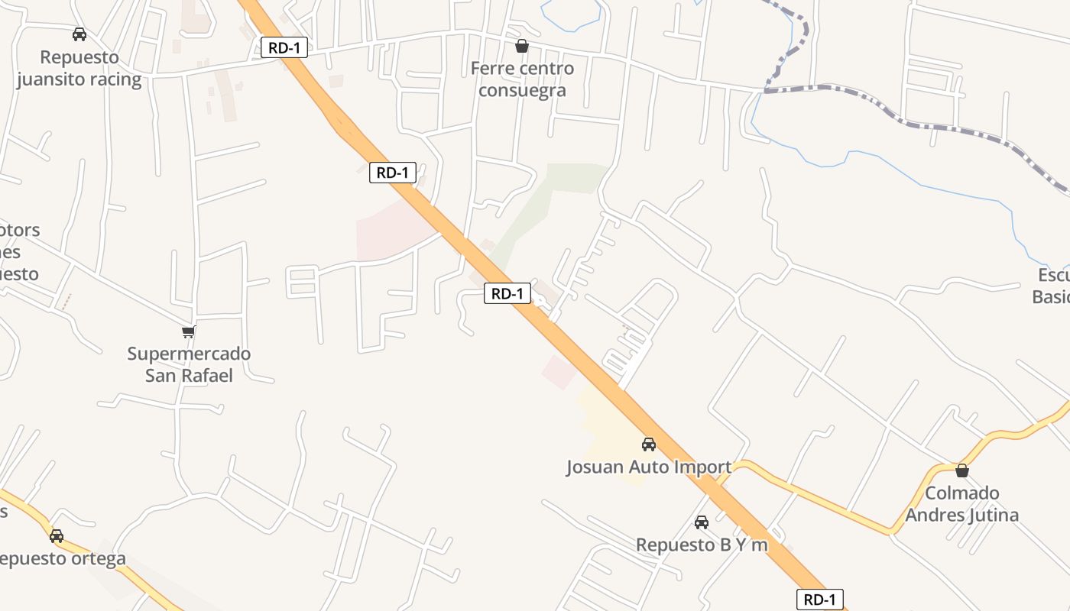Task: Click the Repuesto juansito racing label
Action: [x=79, y=69]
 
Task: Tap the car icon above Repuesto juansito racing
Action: [x=79, y=34]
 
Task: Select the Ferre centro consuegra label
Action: [x=522, y=79]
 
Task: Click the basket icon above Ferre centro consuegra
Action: [x=522, y=47]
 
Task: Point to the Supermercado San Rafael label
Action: [x=189, y=364]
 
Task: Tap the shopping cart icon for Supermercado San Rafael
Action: [x=189, y=331]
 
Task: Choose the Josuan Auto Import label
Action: [x=649, y=467]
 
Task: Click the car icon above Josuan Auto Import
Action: [x=649, y=444]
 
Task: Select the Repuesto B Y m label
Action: [x=702, y=545]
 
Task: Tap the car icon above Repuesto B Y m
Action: [x=702, y=522]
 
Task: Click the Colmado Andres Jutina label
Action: [x=962, y=503]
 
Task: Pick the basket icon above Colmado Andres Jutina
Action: [x=962, y=470]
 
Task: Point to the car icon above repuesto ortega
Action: [x=57, y=535]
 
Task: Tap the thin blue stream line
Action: [x=917, y=179]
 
